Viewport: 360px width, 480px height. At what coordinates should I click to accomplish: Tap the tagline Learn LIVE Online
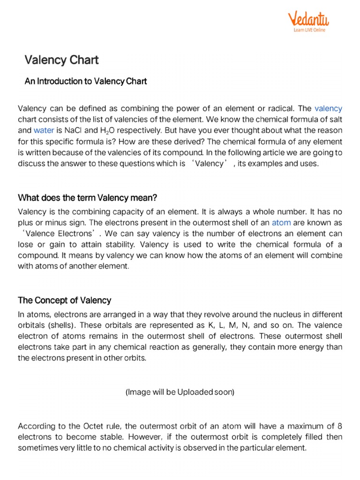[309, 30]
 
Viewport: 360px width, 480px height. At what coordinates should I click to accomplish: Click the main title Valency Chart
[61, 60]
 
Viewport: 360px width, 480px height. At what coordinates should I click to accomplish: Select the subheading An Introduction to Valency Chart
[86, 81]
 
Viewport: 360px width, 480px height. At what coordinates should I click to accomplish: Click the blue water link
[44, 130]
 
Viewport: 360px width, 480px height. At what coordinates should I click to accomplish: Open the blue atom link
[281, 223]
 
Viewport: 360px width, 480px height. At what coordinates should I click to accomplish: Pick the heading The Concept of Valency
[64, 300]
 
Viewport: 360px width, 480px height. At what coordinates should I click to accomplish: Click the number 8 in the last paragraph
[340, 426]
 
